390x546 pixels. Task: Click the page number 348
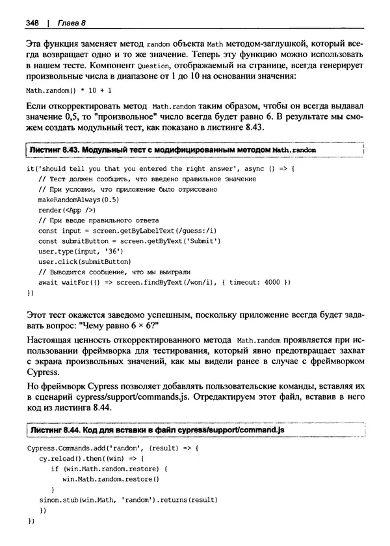coord(32,23)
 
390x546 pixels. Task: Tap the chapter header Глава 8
coord(68,23)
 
